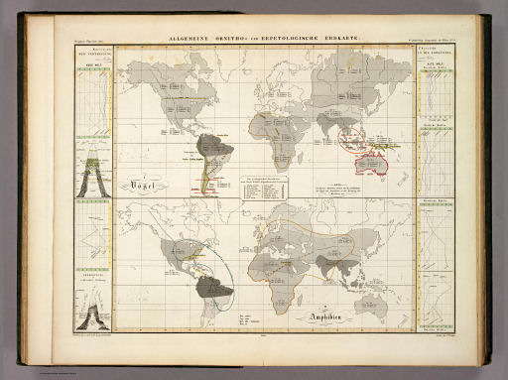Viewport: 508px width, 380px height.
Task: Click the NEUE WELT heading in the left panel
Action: (x=87, y=66)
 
